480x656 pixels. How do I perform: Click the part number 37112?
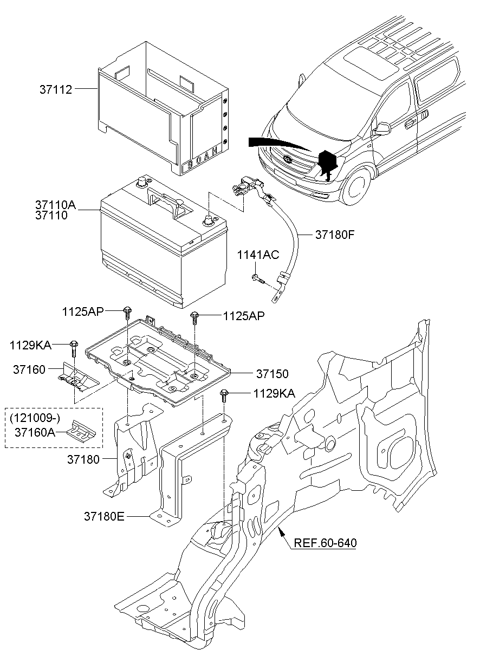[x=56, y=90]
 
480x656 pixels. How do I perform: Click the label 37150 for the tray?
[x=272, y=374]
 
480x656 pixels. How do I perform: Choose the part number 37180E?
[x=105, y=516]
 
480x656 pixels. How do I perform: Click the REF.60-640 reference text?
[x=326, y=543]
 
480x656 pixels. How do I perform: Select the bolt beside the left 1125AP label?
[x=127, y=312]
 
